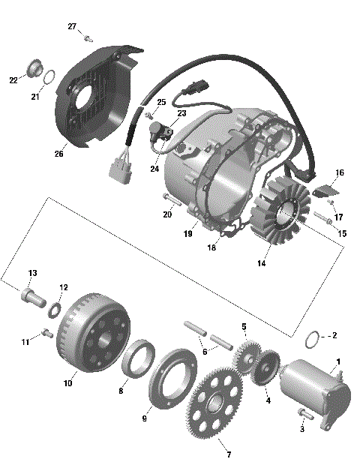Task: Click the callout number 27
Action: (x=72, y=27)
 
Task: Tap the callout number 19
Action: (x=189, y=233)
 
